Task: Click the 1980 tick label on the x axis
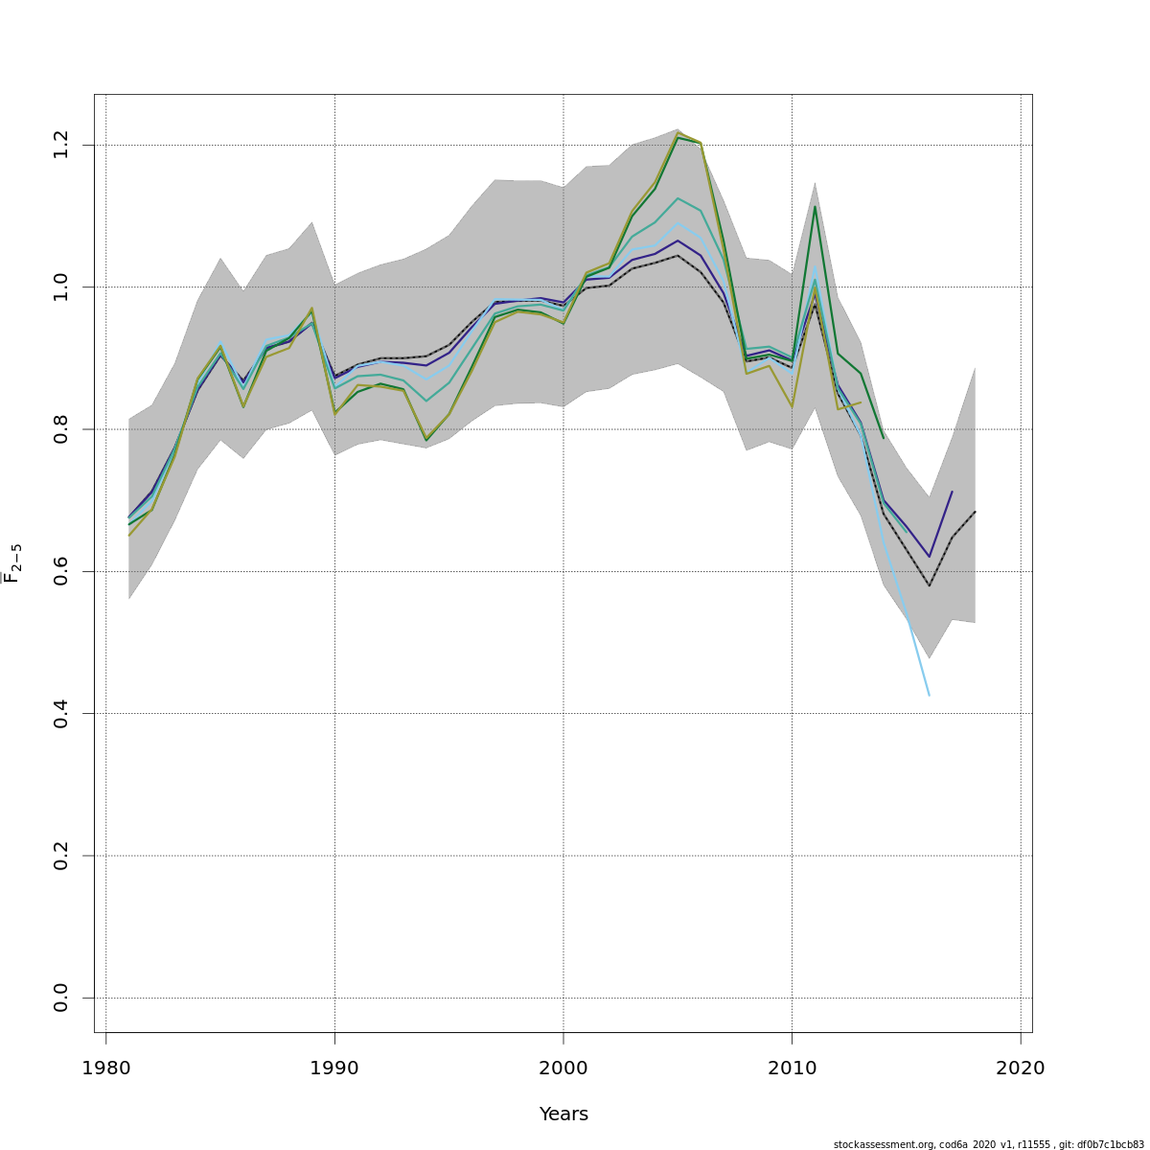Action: point(105,1069)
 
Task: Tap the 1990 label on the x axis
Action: point(334,1069)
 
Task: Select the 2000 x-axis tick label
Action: point(563,1069)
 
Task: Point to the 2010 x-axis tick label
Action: point(793,1069)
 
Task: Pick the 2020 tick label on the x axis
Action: point(1021,1069)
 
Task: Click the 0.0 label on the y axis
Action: point(61,998)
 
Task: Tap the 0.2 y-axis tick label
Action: point(61,856)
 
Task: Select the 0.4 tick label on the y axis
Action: point(61,714)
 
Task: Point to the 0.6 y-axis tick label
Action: point(61,571)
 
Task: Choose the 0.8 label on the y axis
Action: point(61,429)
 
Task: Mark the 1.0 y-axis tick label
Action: point(61,287)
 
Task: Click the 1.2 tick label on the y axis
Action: point(61,146)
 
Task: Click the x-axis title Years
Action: point(563,1115)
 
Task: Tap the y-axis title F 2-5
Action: point(13,563)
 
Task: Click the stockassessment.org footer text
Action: point(988,1144)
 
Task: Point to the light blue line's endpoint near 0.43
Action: point(930,695)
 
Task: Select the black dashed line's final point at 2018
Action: point(975,512)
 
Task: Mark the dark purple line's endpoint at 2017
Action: point(952,492)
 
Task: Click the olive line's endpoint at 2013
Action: point(861,402)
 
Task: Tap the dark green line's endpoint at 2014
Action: point(884,439)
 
